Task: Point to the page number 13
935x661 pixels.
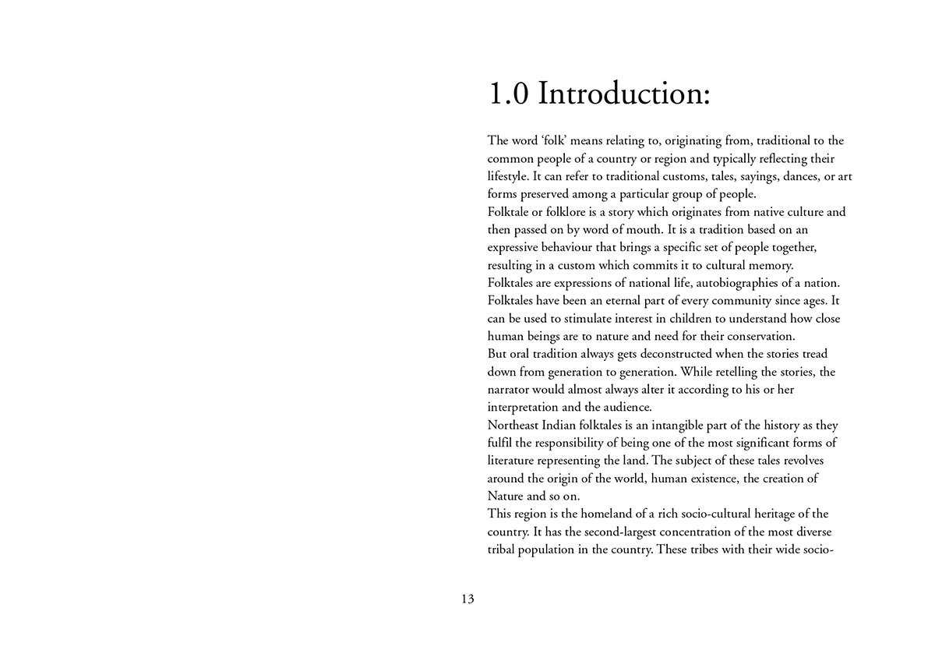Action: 467,599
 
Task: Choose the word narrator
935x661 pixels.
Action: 510,390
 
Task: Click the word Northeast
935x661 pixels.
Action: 517,426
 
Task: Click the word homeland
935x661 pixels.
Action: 609,514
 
